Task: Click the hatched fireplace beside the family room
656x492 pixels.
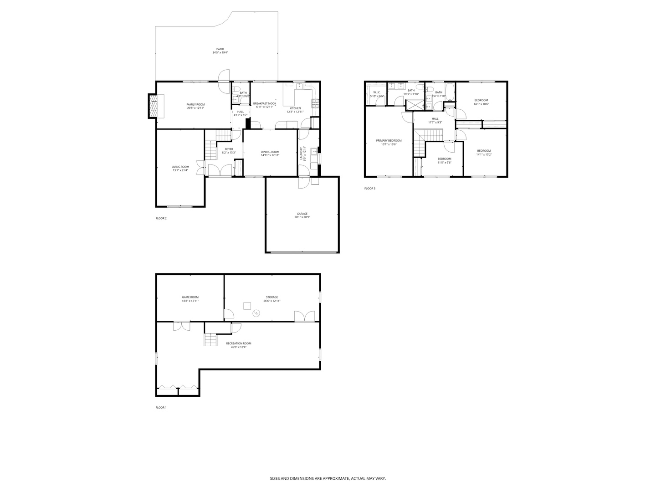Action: pyautogui.click(x=153, y=106)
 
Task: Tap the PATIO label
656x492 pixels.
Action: pyautogui.click(x=220, y=49)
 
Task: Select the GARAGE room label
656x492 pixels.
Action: pyautogui.click(x=302, y=214)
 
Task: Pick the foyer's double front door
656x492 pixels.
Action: pyautogui.click(x=220, y=170)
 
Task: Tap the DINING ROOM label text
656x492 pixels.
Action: pyautogui.click(x=270, y=152)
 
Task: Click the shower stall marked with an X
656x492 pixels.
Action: pyautogui.click(x=414, y=104)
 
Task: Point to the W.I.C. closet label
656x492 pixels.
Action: pyautogui.click(x=377, y=92)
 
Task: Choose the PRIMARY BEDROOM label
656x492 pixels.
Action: pyautogui.click(x=389, y=140)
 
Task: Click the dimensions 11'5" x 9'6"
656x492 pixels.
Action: pyautogui.click(x=444, y=162)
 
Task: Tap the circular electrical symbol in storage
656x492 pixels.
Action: pyautogui.click(x=256, y=313)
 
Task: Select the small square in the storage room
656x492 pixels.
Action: pyautogui.click(x=247, y=305)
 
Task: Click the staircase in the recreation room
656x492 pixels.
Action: pyautogui.click(x=210, y=340)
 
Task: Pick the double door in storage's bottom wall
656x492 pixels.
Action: pyautogui.click(x=304, y=317)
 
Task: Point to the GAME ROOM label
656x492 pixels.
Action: pyautogui.click(x=190, y=297)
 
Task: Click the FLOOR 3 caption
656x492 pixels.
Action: pyautogui.click(x=369, y=188)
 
